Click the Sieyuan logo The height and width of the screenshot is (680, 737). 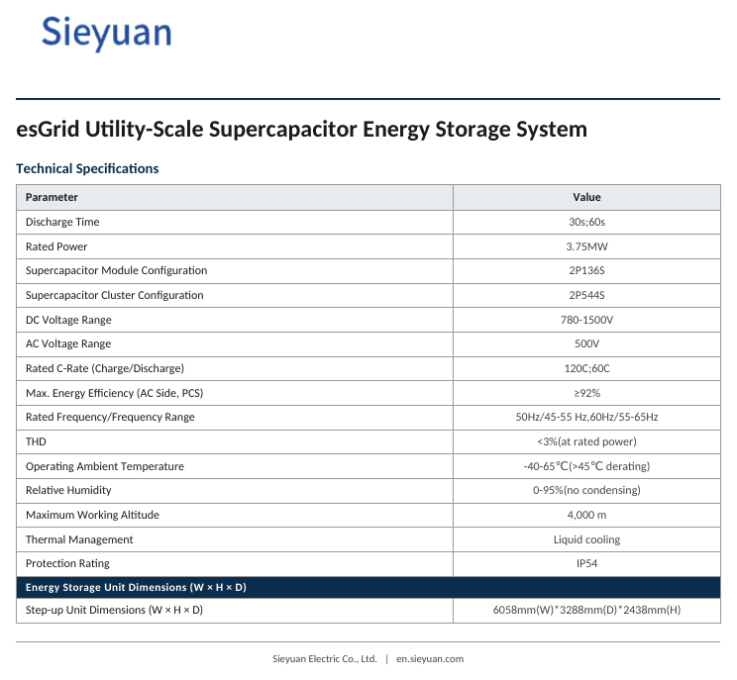point(107,33)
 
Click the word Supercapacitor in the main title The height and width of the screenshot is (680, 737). point(282,129)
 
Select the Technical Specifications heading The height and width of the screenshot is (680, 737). point(87,168)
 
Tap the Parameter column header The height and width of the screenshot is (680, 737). point(52,197)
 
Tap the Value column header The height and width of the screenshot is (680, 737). point(586,197)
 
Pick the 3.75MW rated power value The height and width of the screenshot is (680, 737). point(586,246)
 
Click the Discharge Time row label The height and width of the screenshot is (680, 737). point(62,222)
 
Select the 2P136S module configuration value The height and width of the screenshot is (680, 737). point(586,270)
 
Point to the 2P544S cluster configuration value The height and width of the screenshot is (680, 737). point(586,295)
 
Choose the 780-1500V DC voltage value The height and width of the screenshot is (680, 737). point(586,320)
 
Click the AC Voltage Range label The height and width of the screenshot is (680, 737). point(68,344)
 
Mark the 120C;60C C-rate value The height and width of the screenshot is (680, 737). point(586,368)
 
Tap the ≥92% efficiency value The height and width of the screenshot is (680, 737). point(587,393)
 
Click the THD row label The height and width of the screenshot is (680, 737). point(36,441)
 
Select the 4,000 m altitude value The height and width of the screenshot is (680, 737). point(586,515)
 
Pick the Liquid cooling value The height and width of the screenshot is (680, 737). point(586,539)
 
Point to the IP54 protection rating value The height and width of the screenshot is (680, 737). point(586,563)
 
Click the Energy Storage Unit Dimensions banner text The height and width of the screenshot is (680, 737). point(136,588)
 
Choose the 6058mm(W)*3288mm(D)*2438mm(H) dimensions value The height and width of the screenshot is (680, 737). point(586,610)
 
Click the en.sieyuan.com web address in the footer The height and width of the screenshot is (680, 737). point(430,659)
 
